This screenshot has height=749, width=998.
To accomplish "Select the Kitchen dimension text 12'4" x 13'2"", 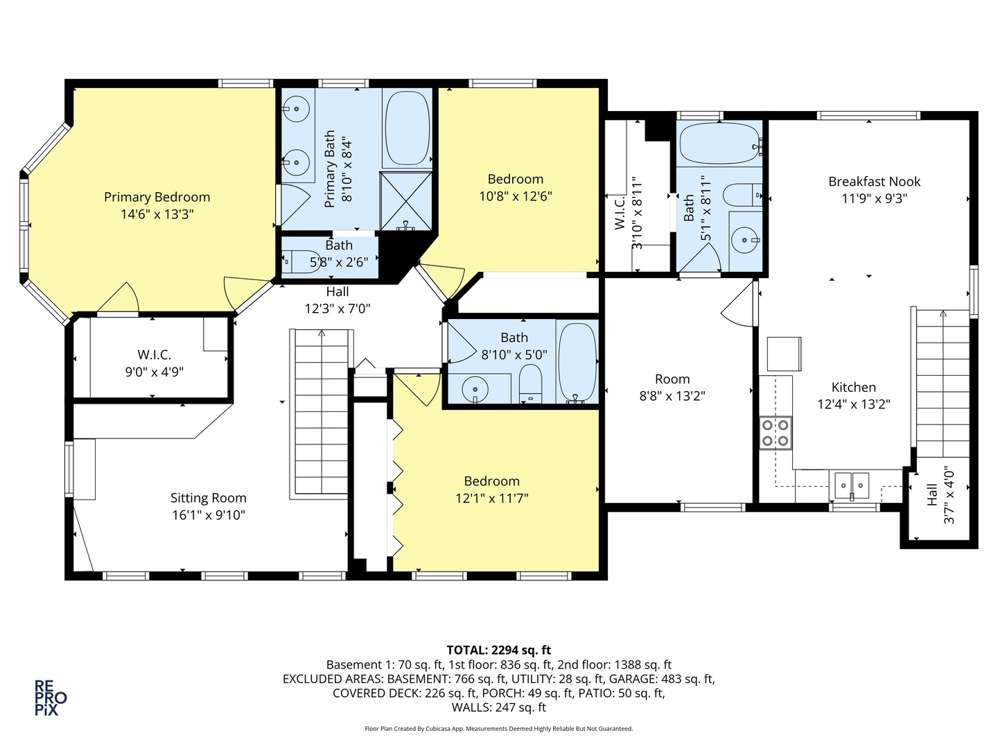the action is click(x=853, y=404).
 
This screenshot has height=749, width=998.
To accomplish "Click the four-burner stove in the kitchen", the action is click(x=776, y=433).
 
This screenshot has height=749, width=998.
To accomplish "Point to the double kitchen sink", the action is click(x=852, y=485).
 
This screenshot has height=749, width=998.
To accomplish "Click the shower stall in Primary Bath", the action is click(x=406, y=201).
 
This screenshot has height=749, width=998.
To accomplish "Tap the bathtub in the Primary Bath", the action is click(x=408, y=129).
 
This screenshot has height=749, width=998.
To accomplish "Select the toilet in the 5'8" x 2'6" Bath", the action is click(x=301, y=261).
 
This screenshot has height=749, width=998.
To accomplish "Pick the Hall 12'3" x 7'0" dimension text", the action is click(x=338, y=309).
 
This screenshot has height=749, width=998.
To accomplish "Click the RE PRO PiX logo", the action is click(x=51, y=698).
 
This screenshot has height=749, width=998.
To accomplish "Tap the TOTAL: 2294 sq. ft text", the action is click(x=499, y=650).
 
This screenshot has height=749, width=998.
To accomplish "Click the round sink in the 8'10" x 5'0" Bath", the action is click(x=475, y=389).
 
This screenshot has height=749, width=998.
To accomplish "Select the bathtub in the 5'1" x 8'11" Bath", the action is click(x=719, y=143).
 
